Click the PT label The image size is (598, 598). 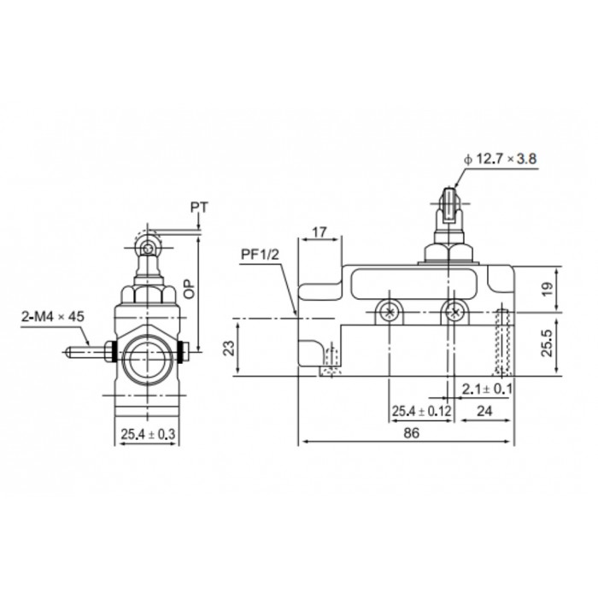tap(199, 208)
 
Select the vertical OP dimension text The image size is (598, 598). tap(189, 289)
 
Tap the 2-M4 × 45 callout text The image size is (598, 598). tap(53, 317)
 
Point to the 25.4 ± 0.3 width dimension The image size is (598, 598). tap(148, 434)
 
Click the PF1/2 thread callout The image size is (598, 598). tap(260, 255)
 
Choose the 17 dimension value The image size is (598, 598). tap(320, 232)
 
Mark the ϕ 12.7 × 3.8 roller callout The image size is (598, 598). tap(500, 159)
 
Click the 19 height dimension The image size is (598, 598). tap(547, 289)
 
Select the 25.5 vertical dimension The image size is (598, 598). tap(547, 343)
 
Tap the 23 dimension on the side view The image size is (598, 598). tap(228, 349)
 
